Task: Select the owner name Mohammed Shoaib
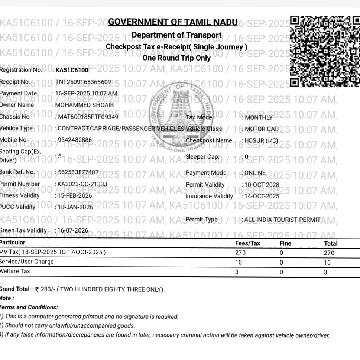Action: (84, 105)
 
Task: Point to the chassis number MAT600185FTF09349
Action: (87, 117)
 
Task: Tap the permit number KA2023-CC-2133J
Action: (81, 184)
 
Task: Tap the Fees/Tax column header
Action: (247, 243)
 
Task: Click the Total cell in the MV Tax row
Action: (329, 253)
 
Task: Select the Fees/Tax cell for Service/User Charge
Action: (238, 262)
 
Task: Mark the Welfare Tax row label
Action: (15, 272)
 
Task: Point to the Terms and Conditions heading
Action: (29, 307)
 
